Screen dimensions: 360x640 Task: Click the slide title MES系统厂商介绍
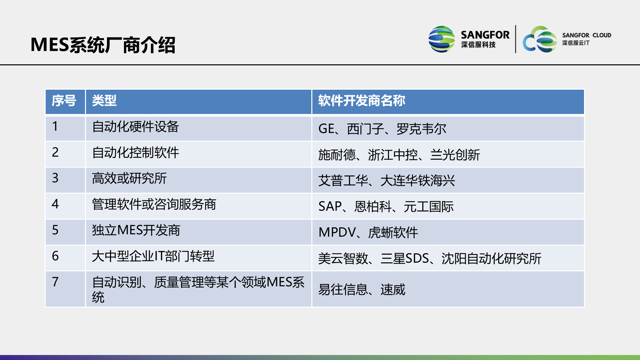[x=103, y=45]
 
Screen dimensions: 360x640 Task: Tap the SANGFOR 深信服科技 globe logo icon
[x=441, y=39]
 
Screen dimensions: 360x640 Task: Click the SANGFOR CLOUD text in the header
[x=586, y=35]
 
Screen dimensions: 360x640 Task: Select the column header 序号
[x=64, y=101]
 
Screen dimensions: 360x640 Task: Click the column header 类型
[x=104, y=101]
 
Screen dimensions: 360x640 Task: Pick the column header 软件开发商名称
[x=362, y=101]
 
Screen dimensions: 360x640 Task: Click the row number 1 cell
[x=55, y=127]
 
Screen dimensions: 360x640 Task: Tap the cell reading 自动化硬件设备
[x=136, y=127]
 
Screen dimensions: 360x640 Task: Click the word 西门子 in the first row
[x=365, y=129]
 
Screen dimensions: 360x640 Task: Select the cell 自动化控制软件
[x=136, y=153]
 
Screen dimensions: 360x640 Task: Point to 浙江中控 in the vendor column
[x=393, y=155]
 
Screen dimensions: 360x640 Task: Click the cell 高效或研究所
[x=129, y=178]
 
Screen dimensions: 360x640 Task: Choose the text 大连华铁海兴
[x=418, y=181]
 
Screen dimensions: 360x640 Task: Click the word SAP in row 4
[x=330, y=207]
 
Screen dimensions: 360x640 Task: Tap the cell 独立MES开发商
[x=136, y=230]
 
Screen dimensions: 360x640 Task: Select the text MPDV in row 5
[x=337, y=232]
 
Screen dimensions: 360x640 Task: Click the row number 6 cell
[x=55, y=256]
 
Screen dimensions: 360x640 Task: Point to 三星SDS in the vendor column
[x=405, y=259]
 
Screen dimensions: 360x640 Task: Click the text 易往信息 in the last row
[x=343, y=290]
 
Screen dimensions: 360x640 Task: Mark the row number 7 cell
[x=55, y=282]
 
